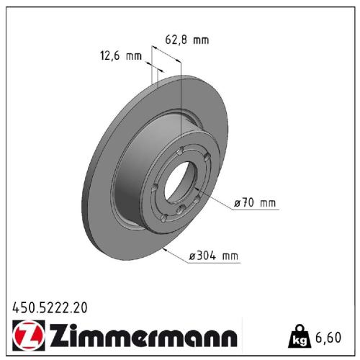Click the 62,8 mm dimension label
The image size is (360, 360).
189,40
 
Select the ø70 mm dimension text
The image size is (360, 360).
254,204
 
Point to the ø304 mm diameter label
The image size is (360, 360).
212,256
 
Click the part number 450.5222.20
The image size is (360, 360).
50,307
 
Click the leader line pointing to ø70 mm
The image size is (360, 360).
216,205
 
